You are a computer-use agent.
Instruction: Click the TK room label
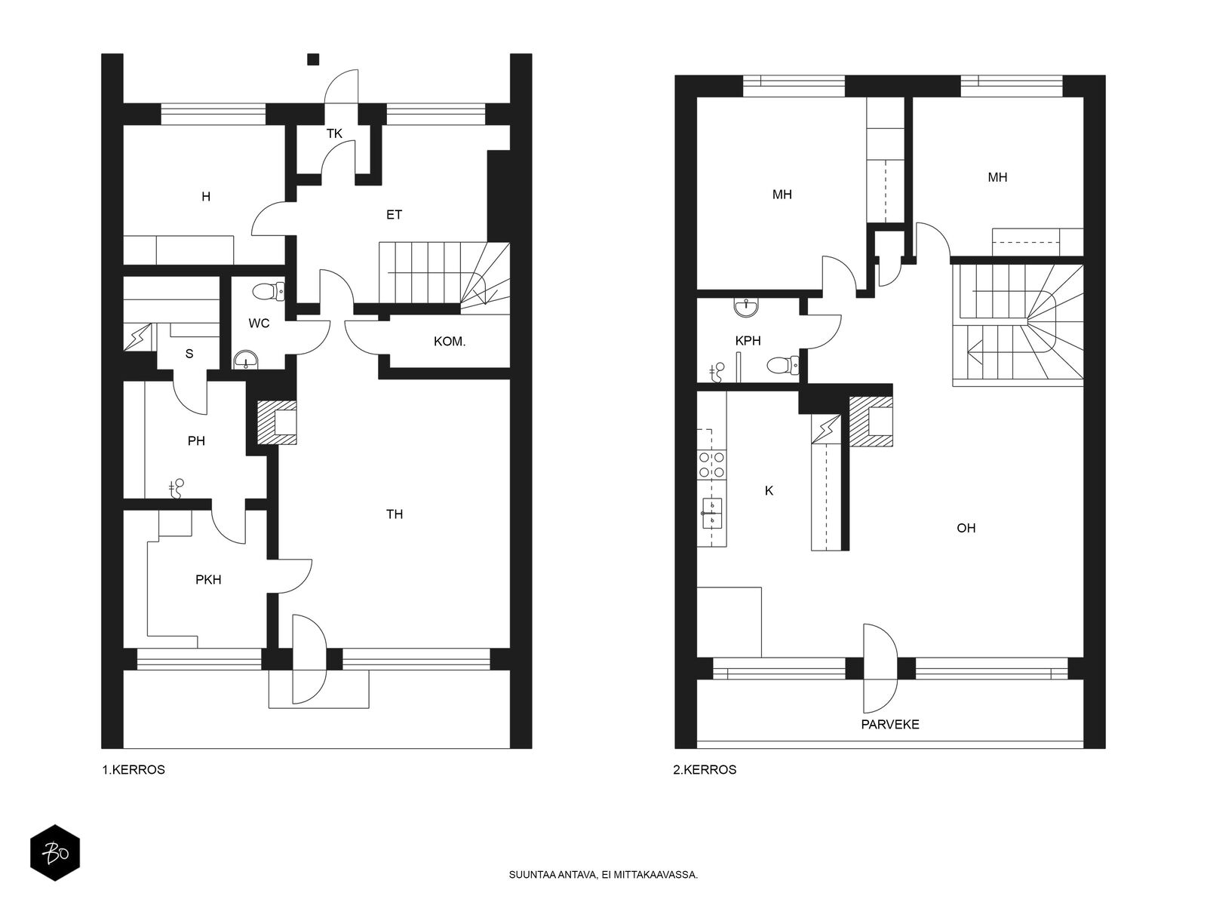click(x=334, y=133)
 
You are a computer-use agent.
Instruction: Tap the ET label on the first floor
click(x=395, y=215)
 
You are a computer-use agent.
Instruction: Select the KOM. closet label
click(x=450, y=342)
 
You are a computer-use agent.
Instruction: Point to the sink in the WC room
click(x=246, y=360)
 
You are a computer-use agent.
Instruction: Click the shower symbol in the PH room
click(x=177, y=489)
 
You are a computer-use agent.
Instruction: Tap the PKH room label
click(x=208, y=580)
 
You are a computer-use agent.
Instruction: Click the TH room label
click(x=395, y=514)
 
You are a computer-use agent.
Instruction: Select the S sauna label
click(x=189, y=354)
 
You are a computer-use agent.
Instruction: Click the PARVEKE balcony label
click(x=890, y=725)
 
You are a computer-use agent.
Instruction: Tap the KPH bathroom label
click(x=748, y=341)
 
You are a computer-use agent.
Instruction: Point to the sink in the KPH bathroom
click(x=745, y=307)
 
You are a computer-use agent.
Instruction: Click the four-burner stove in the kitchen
click(x=711, y=465)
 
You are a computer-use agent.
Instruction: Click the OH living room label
click(x=966, y=529)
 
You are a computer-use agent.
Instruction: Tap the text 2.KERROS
click(x=705, y=770)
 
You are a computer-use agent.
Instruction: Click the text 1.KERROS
click(x=134, y=770)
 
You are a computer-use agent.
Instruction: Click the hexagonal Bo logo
click(x=55, y=853)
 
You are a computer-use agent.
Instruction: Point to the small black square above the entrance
click(x=313, y=60)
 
